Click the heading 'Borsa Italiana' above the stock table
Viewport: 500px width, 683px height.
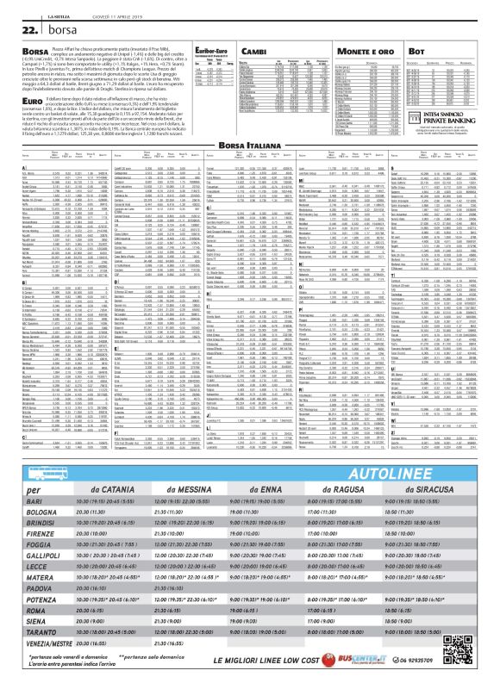coord(250,126)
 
